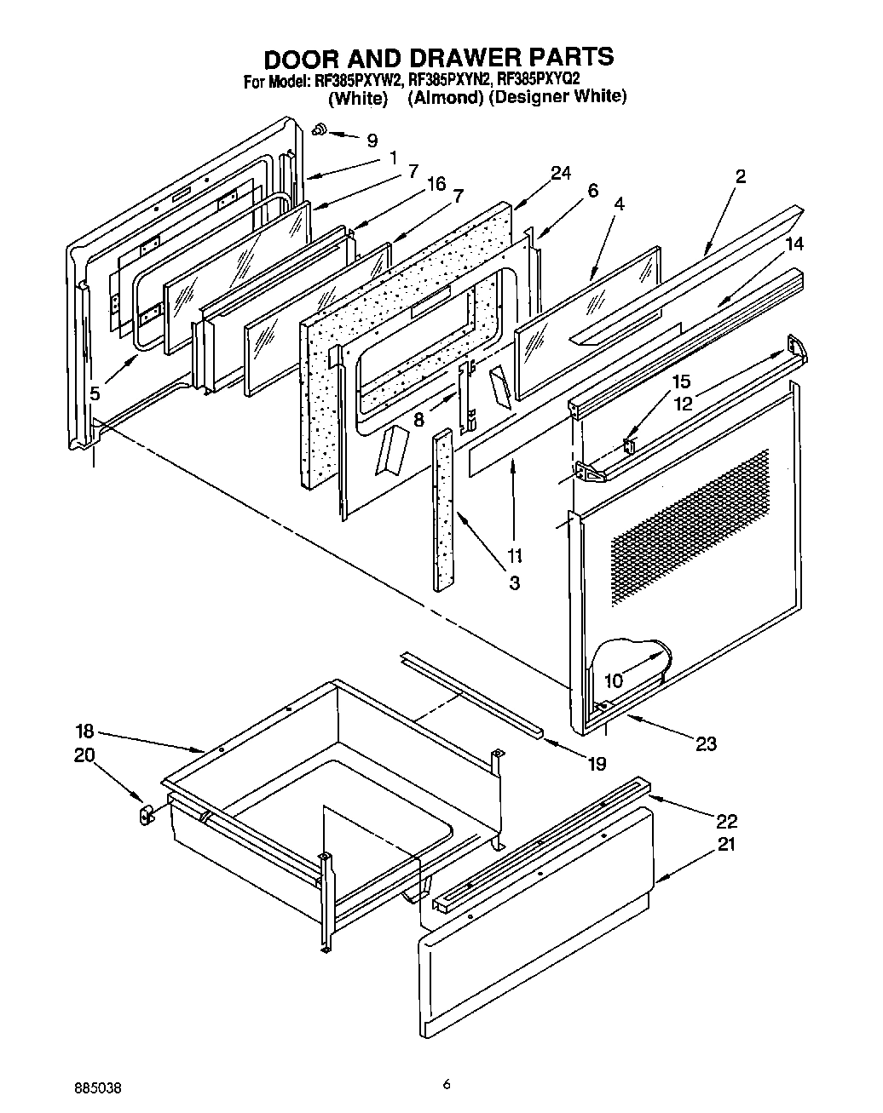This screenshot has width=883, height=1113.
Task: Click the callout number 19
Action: point(596,763)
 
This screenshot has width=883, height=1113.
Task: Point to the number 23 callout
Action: point(706,743)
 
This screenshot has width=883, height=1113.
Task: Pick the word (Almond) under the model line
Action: point(446,97)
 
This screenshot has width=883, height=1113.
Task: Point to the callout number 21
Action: point(727,845)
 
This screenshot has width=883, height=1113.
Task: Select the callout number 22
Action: point(727,821)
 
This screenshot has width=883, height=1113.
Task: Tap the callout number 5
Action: point(95,393)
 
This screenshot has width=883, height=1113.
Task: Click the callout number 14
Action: point(794,244)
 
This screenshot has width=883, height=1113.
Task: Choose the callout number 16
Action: point(436,184)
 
